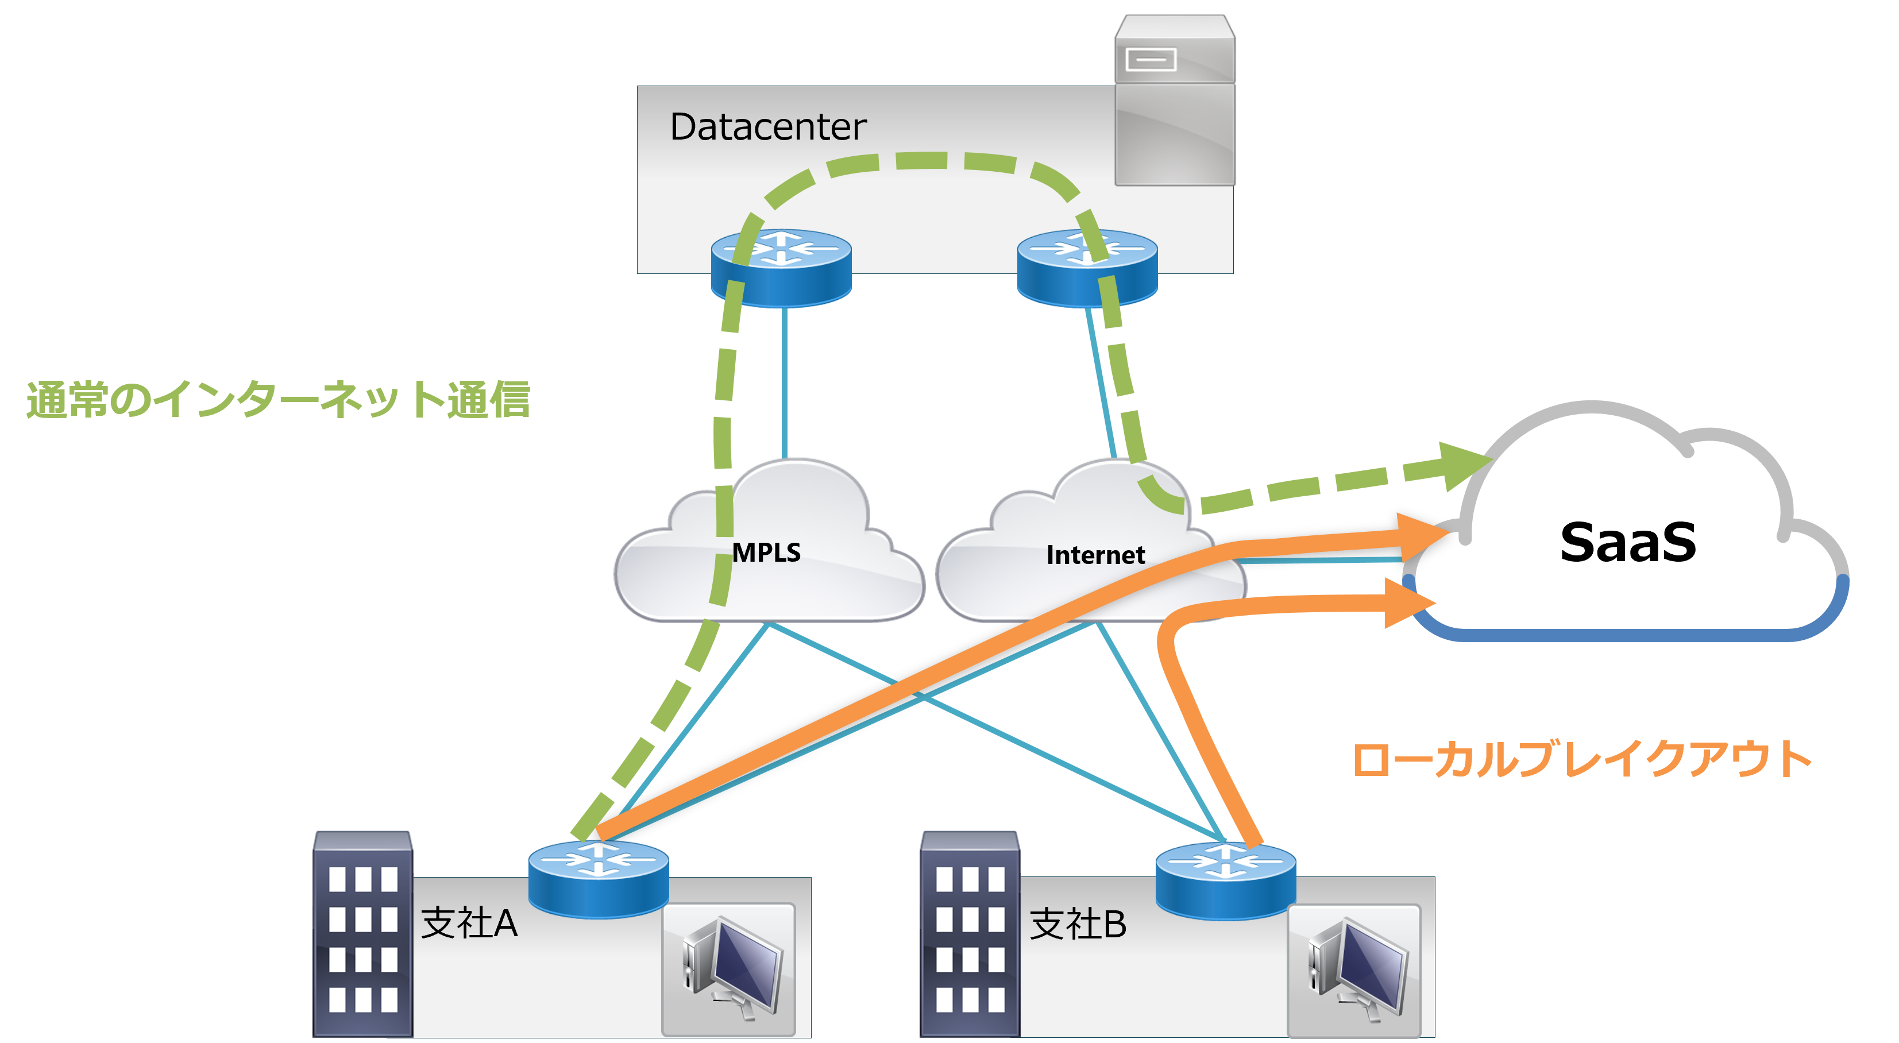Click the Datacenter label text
tap(768, 127)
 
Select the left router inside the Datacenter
tap(781, 268)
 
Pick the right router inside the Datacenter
tap(1087, 268)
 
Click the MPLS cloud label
tap(766, 552)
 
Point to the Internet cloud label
tap(1095, 554)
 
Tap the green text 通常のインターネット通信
tap(278, 400)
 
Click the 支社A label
tap(469, 923)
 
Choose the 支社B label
tap(1078, 924)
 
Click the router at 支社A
tap(598, 879)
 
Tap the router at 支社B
tap(1225, 881)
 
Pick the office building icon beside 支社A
tap(362, 934)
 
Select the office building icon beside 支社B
tap(970, 934)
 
